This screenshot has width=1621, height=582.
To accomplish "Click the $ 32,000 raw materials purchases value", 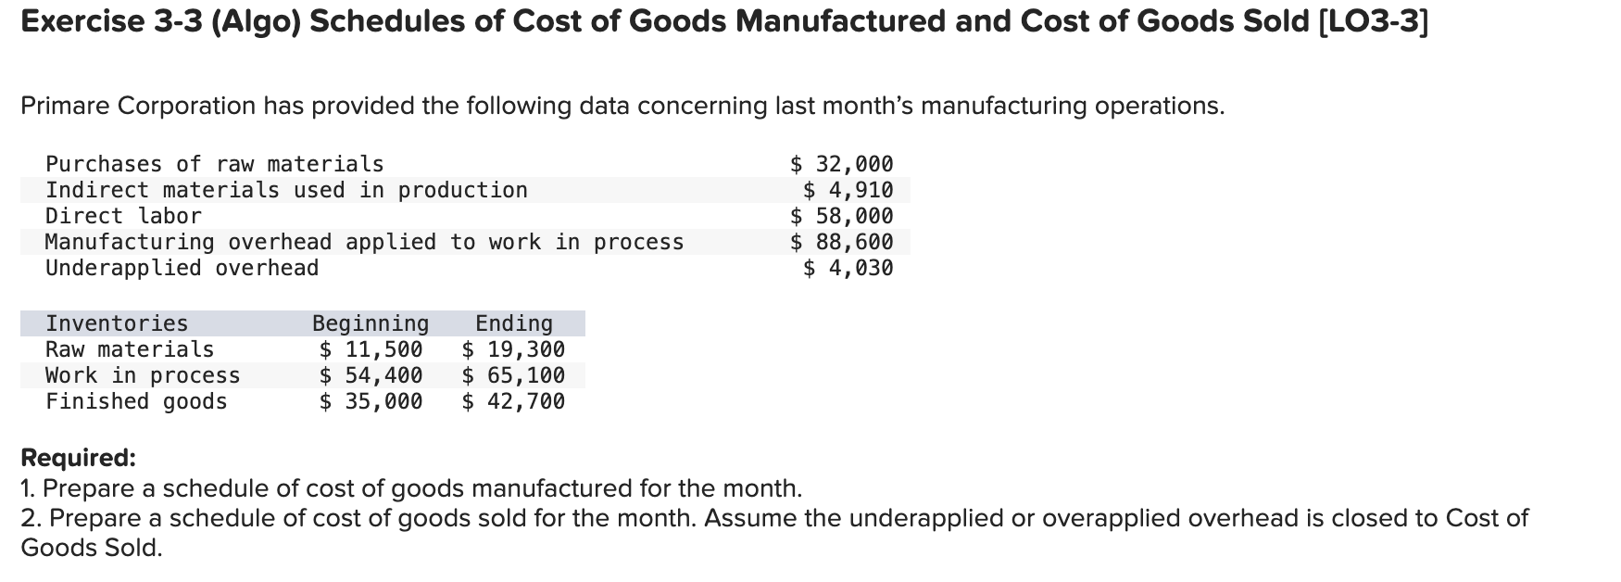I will click(x=842, y=164).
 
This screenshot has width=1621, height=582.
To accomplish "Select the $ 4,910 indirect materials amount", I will click(x=848, y=190).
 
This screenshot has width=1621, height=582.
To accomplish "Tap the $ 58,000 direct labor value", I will click(x=842, y=216).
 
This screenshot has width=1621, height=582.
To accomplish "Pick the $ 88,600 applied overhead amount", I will click(x=842, y=242).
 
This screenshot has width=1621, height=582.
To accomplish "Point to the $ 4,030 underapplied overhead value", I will click(x=848, y=268).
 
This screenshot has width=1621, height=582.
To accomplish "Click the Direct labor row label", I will click(x=123, y=216).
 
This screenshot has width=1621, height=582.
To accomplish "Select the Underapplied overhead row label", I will click(x=182, y=268).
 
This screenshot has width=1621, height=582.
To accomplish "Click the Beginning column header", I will click(x=371, y=323).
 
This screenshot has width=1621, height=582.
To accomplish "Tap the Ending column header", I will click(x=513, y=323).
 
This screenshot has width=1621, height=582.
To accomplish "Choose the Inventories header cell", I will click(x=117, y=323).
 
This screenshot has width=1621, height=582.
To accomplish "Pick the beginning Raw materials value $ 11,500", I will click(x=371, y=349).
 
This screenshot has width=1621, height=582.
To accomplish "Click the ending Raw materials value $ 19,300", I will click(x=513, y=349).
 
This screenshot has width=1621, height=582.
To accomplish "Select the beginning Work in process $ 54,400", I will click(x=371, y=375).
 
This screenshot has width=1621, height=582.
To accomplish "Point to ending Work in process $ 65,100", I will click(x=513, y=375).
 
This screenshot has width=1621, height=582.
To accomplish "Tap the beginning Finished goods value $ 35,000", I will click(x=371, y=401).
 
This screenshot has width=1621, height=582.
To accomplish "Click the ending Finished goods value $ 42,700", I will click(x=513, y=401).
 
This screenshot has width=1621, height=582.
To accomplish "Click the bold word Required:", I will click(x=78, y=458).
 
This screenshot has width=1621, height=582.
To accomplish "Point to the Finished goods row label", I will click(x=136, y=401).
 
